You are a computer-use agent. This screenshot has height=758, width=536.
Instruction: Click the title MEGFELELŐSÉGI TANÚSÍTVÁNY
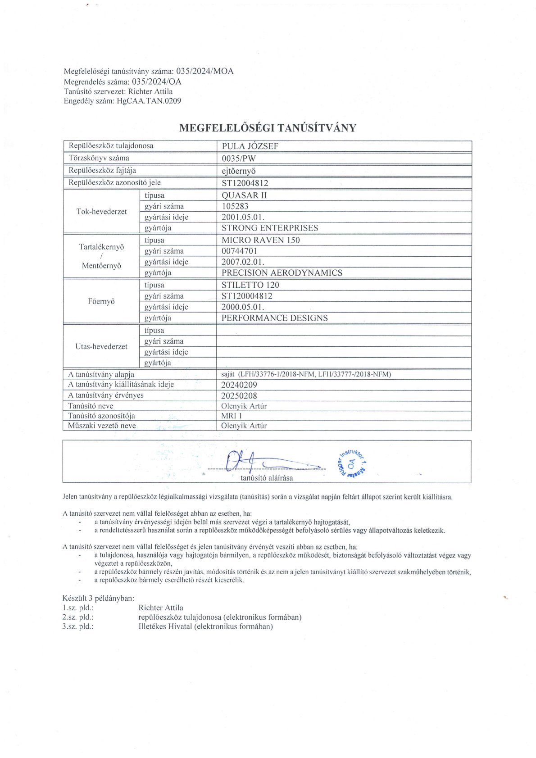click(268, 128)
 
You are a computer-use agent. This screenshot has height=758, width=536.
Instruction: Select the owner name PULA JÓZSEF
click(250, 146)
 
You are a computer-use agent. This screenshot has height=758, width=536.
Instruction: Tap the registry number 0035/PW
click(239, 159)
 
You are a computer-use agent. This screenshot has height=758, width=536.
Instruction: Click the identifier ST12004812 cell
click(245, 183)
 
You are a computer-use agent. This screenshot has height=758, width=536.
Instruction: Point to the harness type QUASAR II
click(244, 195)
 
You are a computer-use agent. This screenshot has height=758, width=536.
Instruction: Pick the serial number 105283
click(235, 206)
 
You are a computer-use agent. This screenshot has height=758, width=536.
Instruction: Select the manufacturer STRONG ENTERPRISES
click(269, 228)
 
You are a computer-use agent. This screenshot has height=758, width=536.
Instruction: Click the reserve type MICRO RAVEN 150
click(260, 240)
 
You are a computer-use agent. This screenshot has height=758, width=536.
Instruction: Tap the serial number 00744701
click(239, 251)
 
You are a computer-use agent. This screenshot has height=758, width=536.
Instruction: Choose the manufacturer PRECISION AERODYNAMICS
click(282, 272)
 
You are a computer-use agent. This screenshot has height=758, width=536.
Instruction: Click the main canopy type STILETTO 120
click(250, 285)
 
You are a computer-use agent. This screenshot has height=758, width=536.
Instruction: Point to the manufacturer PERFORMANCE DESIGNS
click(274, 318)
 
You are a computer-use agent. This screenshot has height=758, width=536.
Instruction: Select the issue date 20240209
click(239, 385)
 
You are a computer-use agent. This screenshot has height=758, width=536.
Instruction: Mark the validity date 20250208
click(239, 396)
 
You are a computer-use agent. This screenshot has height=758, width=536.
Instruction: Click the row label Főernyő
click(101, 301)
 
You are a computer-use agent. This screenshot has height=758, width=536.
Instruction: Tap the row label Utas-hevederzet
click(101, 346)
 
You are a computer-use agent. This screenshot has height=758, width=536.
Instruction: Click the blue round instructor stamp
click(351, 463)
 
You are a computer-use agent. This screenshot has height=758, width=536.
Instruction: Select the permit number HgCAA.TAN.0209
click(149, 101)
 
